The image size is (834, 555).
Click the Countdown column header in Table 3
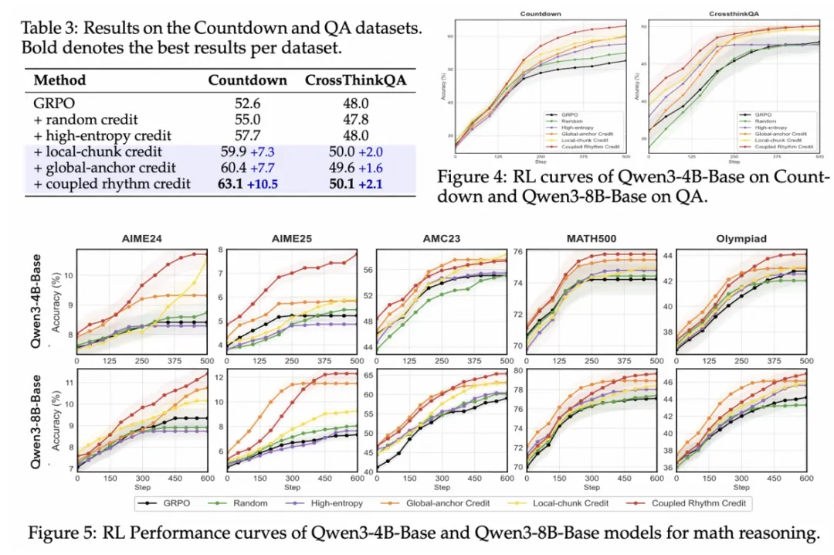tap(248, 80)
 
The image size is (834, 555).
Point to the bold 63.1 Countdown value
tap(234, 184)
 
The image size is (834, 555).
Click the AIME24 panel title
tap(142, 239)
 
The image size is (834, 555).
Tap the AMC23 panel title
tap(441, 239)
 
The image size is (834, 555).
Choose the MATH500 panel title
tap(591, 239)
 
